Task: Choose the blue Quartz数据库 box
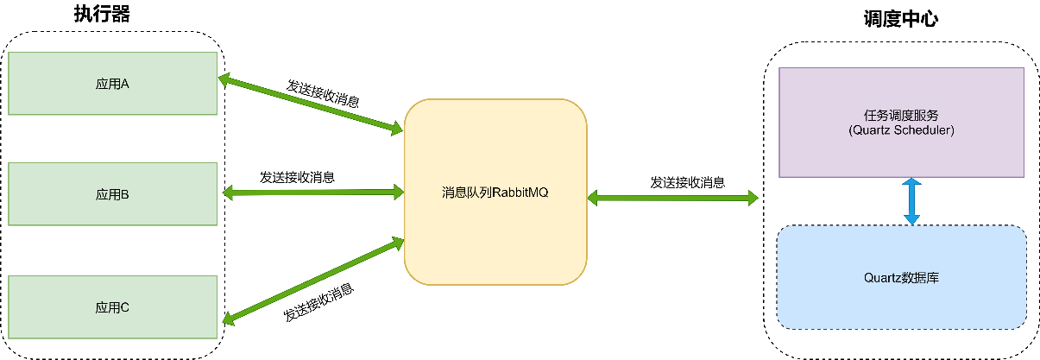901,302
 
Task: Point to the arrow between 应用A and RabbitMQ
311,105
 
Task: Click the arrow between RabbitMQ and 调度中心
672,198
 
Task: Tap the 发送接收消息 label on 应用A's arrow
323,92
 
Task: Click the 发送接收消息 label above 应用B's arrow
298,177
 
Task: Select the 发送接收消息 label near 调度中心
687,182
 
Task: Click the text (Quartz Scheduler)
901,130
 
